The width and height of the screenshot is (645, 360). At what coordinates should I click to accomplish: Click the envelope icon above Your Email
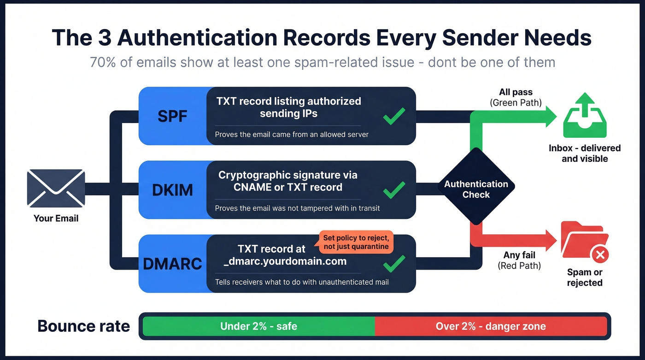[56, 188]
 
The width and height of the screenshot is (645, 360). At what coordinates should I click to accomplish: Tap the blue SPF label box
[172, 116]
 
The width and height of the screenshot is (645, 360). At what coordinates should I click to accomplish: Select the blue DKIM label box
[172, 189]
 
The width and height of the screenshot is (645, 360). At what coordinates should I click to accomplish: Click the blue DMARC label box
[172, 263]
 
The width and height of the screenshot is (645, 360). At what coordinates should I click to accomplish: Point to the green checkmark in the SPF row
[394, 116]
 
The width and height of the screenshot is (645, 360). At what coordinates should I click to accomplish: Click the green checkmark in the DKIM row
[394, 189]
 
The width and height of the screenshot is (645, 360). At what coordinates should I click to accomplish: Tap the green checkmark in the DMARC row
[394, 263]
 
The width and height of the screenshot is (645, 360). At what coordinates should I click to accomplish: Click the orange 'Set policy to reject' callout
[356, 242]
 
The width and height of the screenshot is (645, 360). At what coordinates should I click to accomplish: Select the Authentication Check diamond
[476, 189]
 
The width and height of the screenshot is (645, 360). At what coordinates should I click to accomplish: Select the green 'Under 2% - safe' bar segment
[258, 326]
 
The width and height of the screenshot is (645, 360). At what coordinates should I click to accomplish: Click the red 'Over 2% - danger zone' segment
[491, 326]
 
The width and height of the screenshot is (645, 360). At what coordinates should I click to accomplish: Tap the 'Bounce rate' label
[83, 326]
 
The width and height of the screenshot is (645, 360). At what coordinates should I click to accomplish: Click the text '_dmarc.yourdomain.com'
[284, 261]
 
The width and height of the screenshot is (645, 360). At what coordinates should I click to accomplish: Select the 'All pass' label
[516, 92]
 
